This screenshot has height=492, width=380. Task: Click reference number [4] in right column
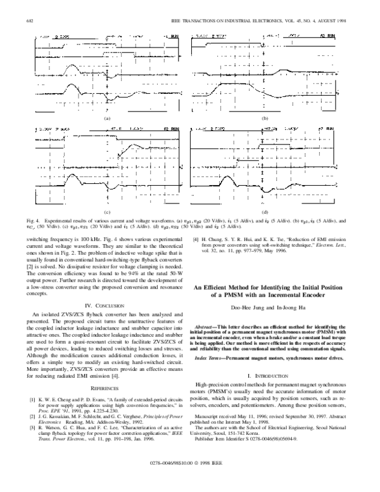(x=196, y=240)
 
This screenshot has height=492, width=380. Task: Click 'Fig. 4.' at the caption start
(x=33, y=219)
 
